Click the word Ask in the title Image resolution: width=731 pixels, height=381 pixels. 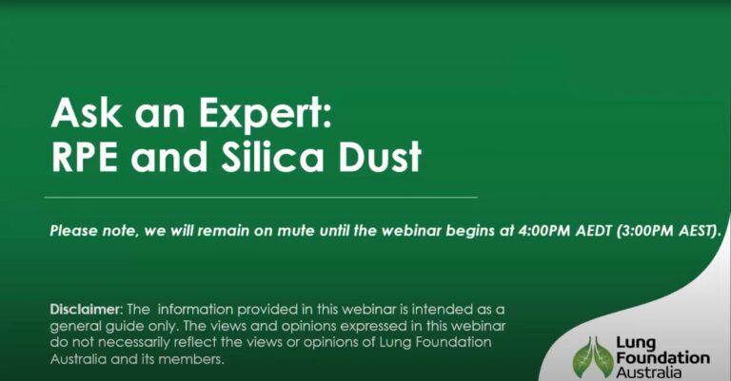[87, 113]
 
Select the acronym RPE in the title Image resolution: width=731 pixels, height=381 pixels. [85, 157]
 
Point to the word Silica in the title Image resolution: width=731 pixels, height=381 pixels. [272, 156]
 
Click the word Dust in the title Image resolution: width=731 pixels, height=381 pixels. [380, 157]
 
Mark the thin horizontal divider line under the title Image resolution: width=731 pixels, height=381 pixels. [261, 198]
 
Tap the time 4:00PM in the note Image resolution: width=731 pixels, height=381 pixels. [544, 231]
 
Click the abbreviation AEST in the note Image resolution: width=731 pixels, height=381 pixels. [696, 231]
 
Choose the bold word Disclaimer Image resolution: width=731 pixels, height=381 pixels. [86, 310]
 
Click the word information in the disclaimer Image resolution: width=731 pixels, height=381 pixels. [195, 310]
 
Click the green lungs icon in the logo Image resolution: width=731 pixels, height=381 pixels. [593, 357]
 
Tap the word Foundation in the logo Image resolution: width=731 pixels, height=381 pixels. [662, 358]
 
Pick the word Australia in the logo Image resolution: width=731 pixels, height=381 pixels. [648, 372]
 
